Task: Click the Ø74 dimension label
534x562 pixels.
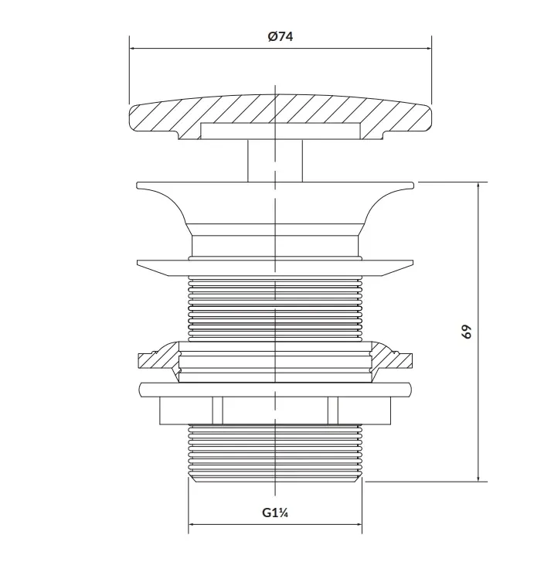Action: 281,36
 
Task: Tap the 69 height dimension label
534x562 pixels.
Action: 467,332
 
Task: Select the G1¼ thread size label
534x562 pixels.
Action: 275,513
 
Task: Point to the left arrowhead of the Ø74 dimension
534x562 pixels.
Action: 134,48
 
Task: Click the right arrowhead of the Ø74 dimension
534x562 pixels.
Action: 427,48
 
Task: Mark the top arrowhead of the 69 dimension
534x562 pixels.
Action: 478,186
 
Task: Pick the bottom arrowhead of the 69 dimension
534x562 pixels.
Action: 478,478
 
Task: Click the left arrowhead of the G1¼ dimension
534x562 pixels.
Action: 193,524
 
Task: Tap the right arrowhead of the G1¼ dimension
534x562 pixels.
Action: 358,524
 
